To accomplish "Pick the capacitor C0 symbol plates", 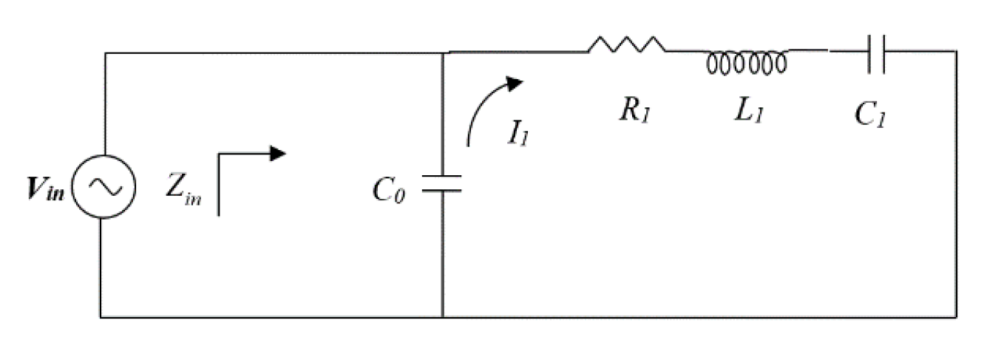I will pyautogui.click(x=442, y=184).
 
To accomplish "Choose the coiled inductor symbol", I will pyautogui.click(x=747, y=62).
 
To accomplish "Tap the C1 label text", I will pyautogui.click(x=869, y=115).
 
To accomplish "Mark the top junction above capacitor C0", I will pyautogui.click(x=442, y=52).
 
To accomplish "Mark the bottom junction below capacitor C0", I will pyautogui.click(x=442, y=318).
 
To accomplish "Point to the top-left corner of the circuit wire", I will pyautogui.click(x=104, y=53).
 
